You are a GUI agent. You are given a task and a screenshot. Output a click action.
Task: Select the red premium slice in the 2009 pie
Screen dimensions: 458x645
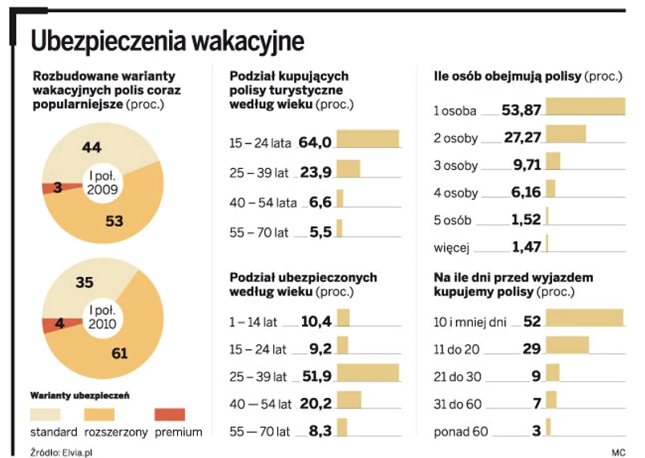click(x=51, y=188)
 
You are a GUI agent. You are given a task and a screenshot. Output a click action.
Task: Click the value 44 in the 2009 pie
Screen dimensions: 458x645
click(x=91, y=147)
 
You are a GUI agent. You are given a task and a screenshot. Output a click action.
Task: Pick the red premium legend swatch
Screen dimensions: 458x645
click(x=169, y=414)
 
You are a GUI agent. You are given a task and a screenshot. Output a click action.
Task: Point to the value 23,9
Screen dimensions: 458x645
click(x=315, y=171)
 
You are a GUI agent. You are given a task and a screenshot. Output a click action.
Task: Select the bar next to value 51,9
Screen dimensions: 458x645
click(x=368, y=373)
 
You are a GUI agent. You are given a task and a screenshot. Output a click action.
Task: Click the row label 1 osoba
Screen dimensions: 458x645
click(x=455, y=110)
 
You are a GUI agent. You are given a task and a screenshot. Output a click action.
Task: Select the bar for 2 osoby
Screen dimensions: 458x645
click(x=566, y=133)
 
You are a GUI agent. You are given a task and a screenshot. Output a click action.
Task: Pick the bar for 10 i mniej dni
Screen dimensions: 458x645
click(x=584, y=318)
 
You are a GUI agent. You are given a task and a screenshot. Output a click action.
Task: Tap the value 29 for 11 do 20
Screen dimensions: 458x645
click(x=530, y=348)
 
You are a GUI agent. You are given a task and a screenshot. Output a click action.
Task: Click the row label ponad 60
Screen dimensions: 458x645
click(x=460, y=432)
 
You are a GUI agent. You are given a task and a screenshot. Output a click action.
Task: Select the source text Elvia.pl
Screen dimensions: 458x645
click(x=71, y=452)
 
